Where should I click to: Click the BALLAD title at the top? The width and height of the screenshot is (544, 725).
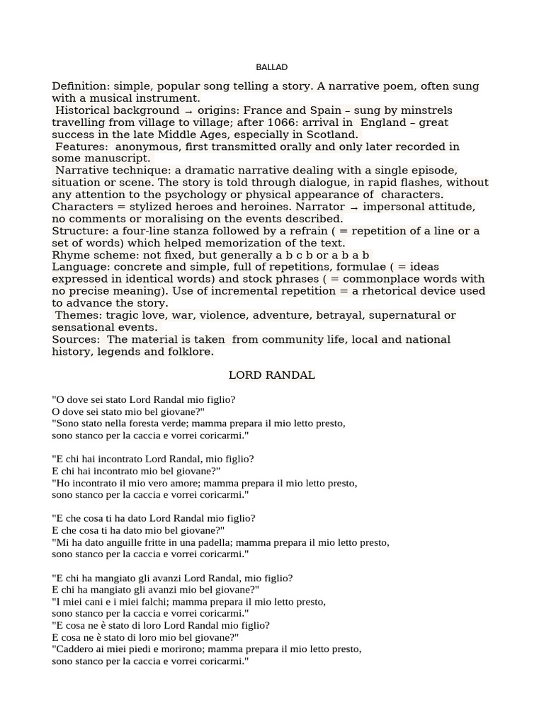[272, 67]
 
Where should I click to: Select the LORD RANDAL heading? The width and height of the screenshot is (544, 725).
[272, 375]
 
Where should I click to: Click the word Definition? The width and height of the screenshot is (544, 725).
[78, 86]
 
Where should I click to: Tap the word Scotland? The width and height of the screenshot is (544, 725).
[332, 135]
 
